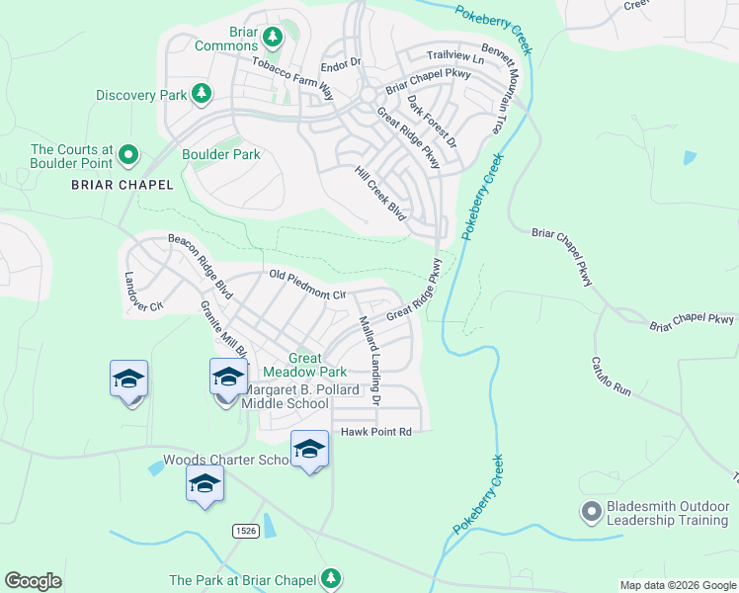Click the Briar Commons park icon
(x=274, y=38)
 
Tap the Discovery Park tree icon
(x=202, y=94)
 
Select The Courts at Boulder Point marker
(x=127, y=155)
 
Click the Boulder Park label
(x=221, y=155)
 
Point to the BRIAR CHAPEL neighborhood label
(x=123, y=185)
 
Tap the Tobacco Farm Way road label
(x=291, y=77)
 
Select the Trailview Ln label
(x=455, y=58)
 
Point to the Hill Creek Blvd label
(x=380, y=192)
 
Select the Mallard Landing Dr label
(x=369, y=361)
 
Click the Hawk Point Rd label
(x=374, y=433)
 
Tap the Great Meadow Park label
(x=318, y=365)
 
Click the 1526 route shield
(x=247, y=531)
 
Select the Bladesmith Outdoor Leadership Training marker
(x=592, y=512)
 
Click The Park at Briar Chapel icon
(x=334, y=579)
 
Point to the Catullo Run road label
(x=612, y=377)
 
